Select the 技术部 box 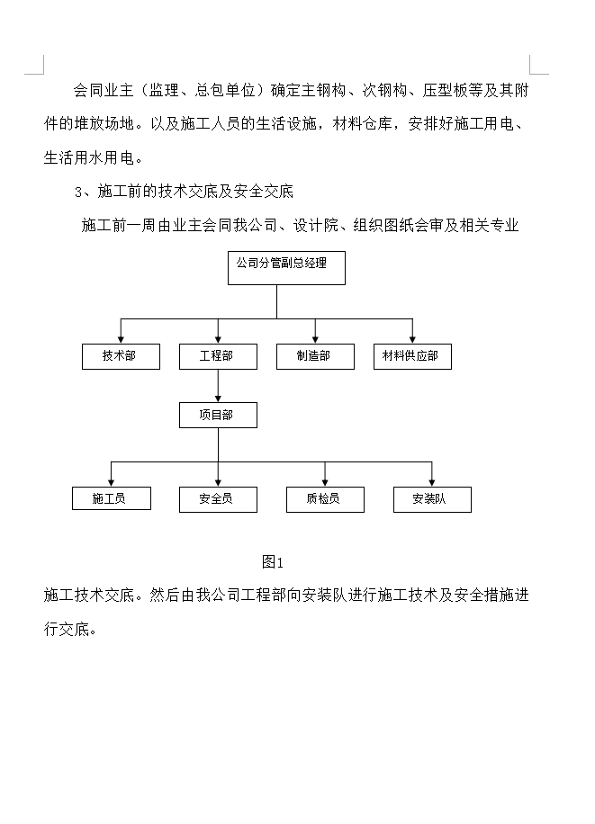click(121, 356)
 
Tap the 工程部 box click(217, 356)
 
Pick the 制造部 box click(314, 356)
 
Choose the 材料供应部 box click(412, 356)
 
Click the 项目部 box click(217, 415)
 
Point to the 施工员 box click(111, 499)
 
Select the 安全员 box click(217, 499)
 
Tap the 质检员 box click(325, 499)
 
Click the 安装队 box click(432, 499)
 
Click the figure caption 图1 click(272, 562)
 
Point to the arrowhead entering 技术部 click(121, 338)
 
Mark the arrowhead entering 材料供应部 click(412, 338)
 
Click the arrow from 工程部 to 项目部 click(217, 386)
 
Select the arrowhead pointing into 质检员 click(325, 481)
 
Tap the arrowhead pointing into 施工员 click(111, 481)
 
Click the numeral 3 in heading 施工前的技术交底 click(78, 192)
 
